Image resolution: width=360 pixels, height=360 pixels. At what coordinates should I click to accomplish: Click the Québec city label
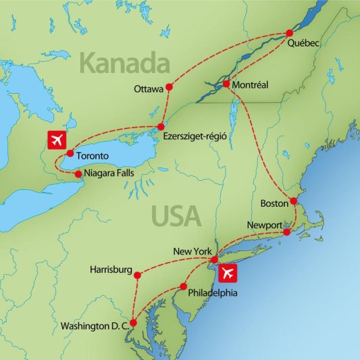(303, 43)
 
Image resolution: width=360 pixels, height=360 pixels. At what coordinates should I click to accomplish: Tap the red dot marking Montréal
(226, 84)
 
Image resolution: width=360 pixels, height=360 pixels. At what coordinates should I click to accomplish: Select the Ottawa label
(149, 88)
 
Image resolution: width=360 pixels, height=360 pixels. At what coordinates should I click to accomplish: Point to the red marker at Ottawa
(169, 88)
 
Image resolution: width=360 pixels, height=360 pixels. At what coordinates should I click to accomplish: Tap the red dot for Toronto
(70, 153)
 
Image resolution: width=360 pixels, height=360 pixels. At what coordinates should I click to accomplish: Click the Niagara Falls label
(110, 174)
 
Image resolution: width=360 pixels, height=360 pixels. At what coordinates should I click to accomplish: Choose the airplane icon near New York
(228, 274)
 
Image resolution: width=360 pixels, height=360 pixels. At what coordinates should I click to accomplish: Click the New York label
(193, 251)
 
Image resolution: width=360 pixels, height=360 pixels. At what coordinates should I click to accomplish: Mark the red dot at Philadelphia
(182, 286)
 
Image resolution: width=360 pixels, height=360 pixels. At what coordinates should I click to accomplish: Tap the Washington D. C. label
(95, 326)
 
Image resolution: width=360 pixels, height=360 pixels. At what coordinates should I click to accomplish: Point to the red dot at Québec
(290, 32)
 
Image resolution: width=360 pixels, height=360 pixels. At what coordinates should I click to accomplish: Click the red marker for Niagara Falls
(78, 174)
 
